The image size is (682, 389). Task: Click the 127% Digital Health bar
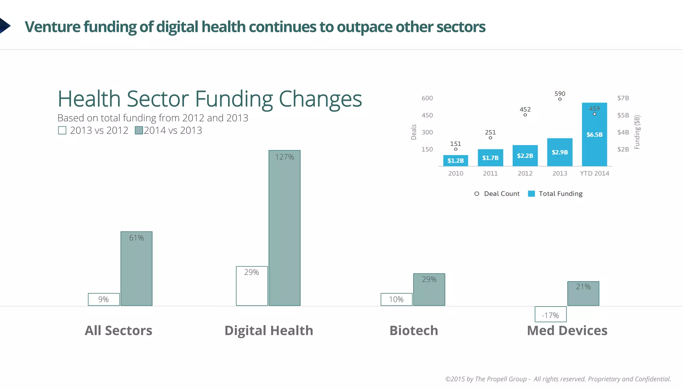click(x=284, y=228)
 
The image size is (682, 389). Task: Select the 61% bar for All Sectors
click(x=136, y=268)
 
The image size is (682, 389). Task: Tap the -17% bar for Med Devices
click(x=550, y=314)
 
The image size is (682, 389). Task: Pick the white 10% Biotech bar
click(x=396, y=299)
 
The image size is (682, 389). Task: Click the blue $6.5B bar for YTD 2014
click(x=594, y=134)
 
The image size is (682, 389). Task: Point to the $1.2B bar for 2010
click(x=456, y=161)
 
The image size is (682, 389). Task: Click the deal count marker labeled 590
click(x=560, y=99)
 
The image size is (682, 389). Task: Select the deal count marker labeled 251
click(x=491, y=138)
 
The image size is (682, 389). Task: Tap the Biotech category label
click(x=414, y=330)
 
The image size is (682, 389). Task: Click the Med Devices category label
click(x=567, y=330)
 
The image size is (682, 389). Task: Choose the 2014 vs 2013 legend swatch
click(x=139, y=130)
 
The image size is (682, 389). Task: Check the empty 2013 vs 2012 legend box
click(x=62, y=130)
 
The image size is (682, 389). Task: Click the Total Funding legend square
click(x=531, y=194)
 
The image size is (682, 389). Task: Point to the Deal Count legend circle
click(x=477, y=194)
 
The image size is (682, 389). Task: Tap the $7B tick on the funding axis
click(x=623, y=98)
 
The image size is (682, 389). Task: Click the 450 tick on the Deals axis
click(x=427, y=115)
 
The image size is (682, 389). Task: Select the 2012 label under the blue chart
click(x=525, y=173)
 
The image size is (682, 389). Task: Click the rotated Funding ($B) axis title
click(x=637, y=132)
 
